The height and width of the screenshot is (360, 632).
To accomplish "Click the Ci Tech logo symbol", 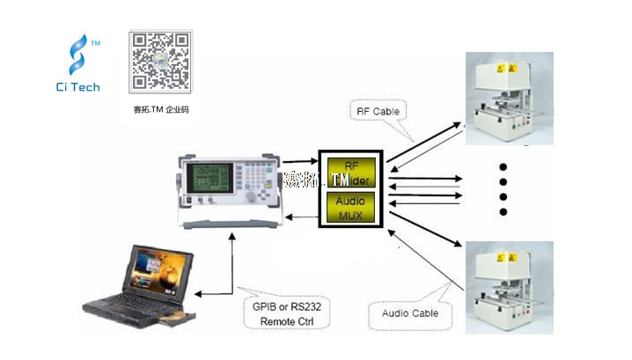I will pos(80,55).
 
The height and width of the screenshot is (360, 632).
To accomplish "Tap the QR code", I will pos(160,62).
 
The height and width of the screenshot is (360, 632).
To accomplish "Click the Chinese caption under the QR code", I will pos(159,110).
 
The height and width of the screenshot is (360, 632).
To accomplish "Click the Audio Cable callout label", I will pos(410,312).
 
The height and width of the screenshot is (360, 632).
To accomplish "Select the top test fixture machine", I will pos(509,99).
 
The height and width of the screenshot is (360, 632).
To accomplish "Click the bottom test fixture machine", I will pos(509,286).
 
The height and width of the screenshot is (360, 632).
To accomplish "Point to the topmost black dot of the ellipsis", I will pos(503,166).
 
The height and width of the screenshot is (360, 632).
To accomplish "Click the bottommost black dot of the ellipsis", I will pos(503,211).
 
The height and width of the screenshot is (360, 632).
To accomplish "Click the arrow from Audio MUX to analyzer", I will pos(299,214).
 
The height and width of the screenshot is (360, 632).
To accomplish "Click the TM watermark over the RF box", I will pos(341,180).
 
